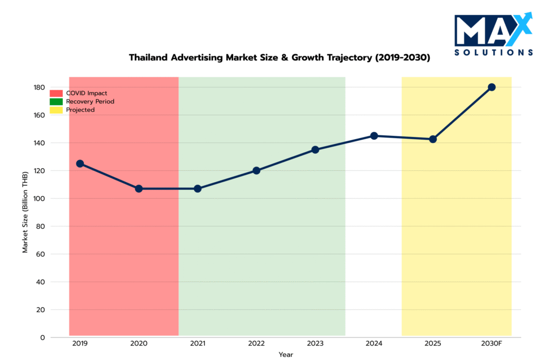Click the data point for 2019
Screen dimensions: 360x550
click(x=80, y=163)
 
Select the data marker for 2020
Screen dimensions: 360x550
click(x=139, y=189)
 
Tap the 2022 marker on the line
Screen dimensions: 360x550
click(x=256, y=170)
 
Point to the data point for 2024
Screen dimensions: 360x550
click(x=374, y=136)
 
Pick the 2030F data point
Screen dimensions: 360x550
click(x=491, y=87)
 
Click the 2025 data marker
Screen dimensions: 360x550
click(x=433, y=139)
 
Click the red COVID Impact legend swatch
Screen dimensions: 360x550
click(x=56, y=93)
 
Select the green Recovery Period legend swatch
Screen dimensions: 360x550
click(x=56, y=101)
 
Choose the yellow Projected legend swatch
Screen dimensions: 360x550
click(x=56, y=110)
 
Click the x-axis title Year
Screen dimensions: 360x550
click(x=286, y=355)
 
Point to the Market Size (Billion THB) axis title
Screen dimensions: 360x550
click(x=25, y=211)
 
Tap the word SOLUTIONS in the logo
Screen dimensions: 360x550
click(x=494, y=53)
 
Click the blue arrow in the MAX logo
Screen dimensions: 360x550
click(x=525, y=24)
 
